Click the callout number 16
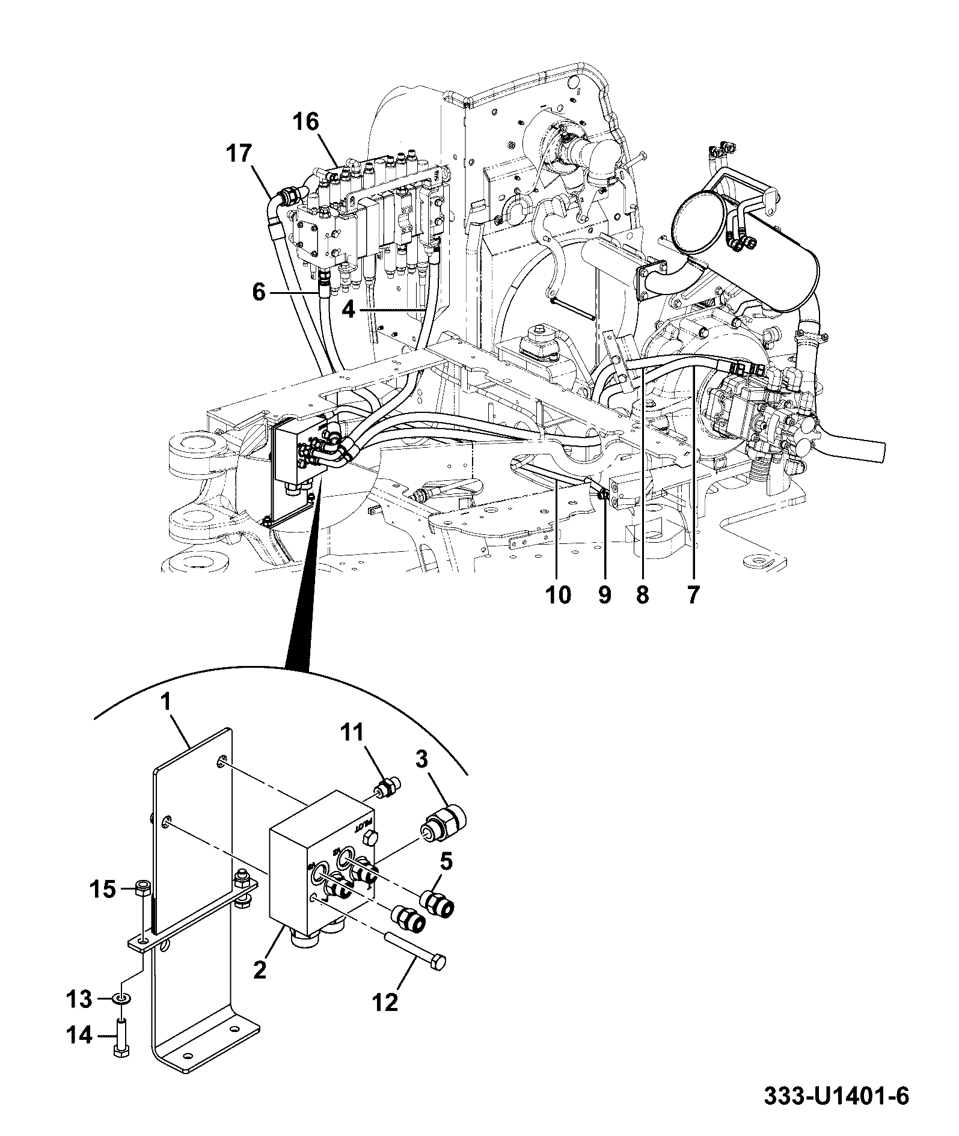305,122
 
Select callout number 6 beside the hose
259,293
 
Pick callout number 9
605,594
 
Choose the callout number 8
643,594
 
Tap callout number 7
693,594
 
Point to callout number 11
353,733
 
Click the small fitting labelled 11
388,788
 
